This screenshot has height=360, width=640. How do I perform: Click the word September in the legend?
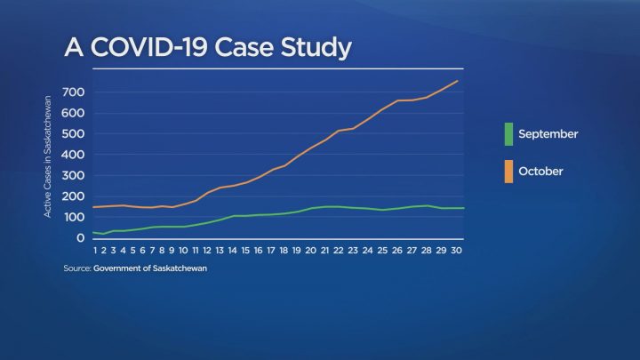(548, 134)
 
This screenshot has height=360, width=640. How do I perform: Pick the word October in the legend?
(540, 171)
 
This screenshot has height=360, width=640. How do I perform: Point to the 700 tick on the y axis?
(74, 92)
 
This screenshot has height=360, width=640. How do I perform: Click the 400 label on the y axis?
(74, 155)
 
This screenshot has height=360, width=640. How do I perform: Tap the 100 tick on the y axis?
(74, 218)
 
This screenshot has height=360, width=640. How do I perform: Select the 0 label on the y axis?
(81, 238)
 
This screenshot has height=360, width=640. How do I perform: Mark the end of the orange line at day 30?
(458, 81)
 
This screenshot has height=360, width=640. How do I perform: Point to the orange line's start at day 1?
(92, 207)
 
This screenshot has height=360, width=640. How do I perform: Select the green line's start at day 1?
(92, 232)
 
